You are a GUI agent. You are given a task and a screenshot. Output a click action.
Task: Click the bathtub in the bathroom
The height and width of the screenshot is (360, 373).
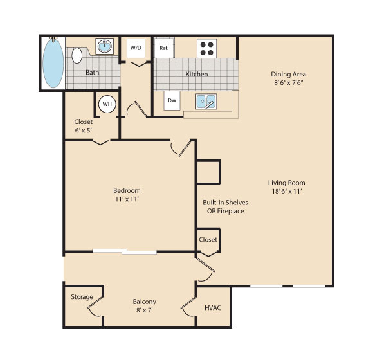pyautogui.click(x=53, y=63)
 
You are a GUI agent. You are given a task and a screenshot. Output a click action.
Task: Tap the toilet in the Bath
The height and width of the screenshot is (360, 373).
pyautogui.click(x=77, y=55)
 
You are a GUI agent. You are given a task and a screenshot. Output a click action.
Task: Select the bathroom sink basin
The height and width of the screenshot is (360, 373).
pyautogui.click(x=105, y=46)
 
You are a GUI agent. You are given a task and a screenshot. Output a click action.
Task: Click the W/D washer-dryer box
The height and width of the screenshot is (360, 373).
pyautogui.click(x=136, y=48)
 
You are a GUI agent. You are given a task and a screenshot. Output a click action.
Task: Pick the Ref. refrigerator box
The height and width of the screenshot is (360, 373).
pyautogui.click(x=164, y=48)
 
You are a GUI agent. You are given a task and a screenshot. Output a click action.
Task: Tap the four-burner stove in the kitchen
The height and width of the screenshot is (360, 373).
pyautogui.click(x=206, y=48)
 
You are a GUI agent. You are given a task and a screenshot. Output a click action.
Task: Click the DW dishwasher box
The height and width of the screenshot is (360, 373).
pyautogui.click(x=172, y=100)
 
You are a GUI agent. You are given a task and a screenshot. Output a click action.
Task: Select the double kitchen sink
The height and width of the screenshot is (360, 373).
pyautogui.click(x=206, y=102)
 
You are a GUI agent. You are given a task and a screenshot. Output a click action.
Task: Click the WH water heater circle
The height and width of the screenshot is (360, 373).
pyautogui.click(x=107, y=104)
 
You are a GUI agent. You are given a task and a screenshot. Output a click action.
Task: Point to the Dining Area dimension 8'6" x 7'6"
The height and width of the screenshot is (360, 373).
pyautogui.click(x=288, y=83)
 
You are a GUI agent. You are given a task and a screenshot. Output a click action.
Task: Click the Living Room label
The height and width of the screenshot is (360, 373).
pyautogui.click(x=287, y=183)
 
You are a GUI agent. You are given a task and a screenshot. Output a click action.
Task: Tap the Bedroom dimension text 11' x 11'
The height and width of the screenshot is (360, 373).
pyautogui.click(x=127, y=199)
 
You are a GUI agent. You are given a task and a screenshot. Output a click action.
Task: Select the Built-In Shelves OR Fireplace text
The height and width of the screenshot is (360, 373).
pyautogui.click(x=225, y=206)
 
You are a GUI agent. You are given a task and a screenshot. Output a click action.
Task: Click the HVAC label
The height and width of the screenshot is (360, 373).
pyautogui.click(x=213, y=308)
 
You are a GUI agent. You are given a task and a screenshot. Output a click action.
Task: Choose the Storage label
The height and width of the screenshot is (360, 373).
pyautogui.click(x=82, y=297)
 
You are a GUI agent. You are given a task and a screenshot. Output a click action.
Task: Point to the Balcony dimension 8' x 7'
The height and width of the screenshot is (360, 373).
pyautogui.click(x=145, y=310)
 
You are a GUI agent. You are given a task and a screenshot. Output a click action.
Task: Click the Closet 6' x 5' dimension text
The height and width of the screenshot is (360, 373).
pyautogui.click(x=84, y=130)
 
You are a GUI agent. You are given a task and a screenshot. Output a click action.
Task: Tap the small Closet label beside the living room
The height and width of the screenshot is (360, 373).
pyautogui.click(x=208, y=239)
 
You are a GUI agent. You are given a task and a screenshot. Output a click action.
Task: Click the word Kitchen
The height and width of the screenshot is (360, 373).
pyautogui.click(x=197, y=74)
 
